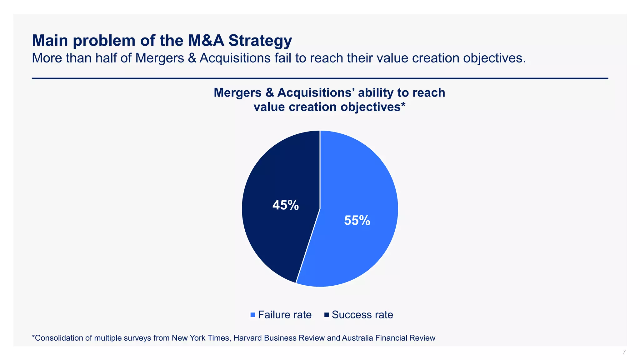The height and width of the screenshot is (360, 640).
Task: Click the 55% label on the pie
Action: tap(357, 221)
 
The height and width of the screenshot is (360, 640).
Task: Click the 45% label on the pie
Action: tap(285, 205)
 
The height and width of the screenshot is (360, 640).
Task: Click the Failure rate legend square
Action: tap(253, 315)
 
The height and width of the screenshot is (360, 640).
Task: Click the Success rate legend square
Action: tap(327, 315)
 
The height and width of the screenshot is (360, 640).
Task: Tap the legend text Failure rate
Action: tap(285, 315)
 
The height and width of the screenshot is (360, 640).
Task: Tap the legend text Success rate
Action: tap(362, 315)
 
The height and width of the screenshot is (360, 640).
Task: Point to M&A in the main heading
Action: tap(206, 41)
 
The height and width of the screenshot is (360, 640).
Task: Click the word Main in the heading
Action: tap(50, 41)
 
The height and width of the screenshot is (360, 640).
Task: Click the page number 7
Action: tap(624, 352)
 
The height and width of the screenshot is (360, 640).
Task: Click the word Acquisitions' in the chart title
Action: tap(316, 93)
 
